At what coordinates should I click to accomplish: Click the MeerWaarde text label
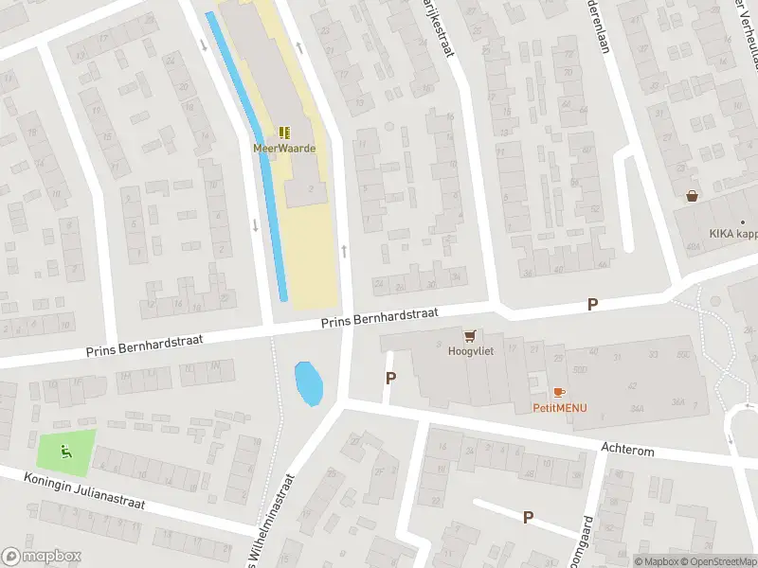click(x=283, y=148)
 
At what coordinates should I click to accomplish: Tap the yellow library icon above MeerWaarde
click(x=284, y=133)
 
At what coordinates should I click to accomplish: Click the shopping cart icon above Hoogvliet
click(x=469, y=335)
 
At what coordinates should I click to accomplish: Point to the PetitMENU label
click(x=558, y=408)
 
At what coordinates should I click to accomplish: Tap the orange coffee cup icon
click(x=558, y=392)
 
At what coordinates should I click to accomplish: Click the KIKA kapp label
click(x=733, y=234)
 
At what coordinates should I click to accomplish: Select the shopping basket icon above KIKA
click(x=693, y=196)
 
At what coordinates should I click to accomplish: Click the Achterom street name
click(x=627, y=452)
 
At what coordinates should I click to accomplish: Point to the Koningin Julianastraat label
click(x=84, y=490)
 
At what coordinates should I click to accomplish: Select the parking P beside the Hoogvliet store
click(x=390, y=379)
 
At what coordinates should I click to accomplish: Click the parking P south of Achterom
click(x=528, y=517)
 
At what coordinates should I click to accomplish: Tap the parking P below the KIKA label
click(x=593, y=304)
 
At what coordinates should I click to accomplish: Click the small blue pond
click(x=309, y=383)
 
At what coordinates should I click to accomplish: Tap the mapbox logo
click(x=42, y=557)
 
